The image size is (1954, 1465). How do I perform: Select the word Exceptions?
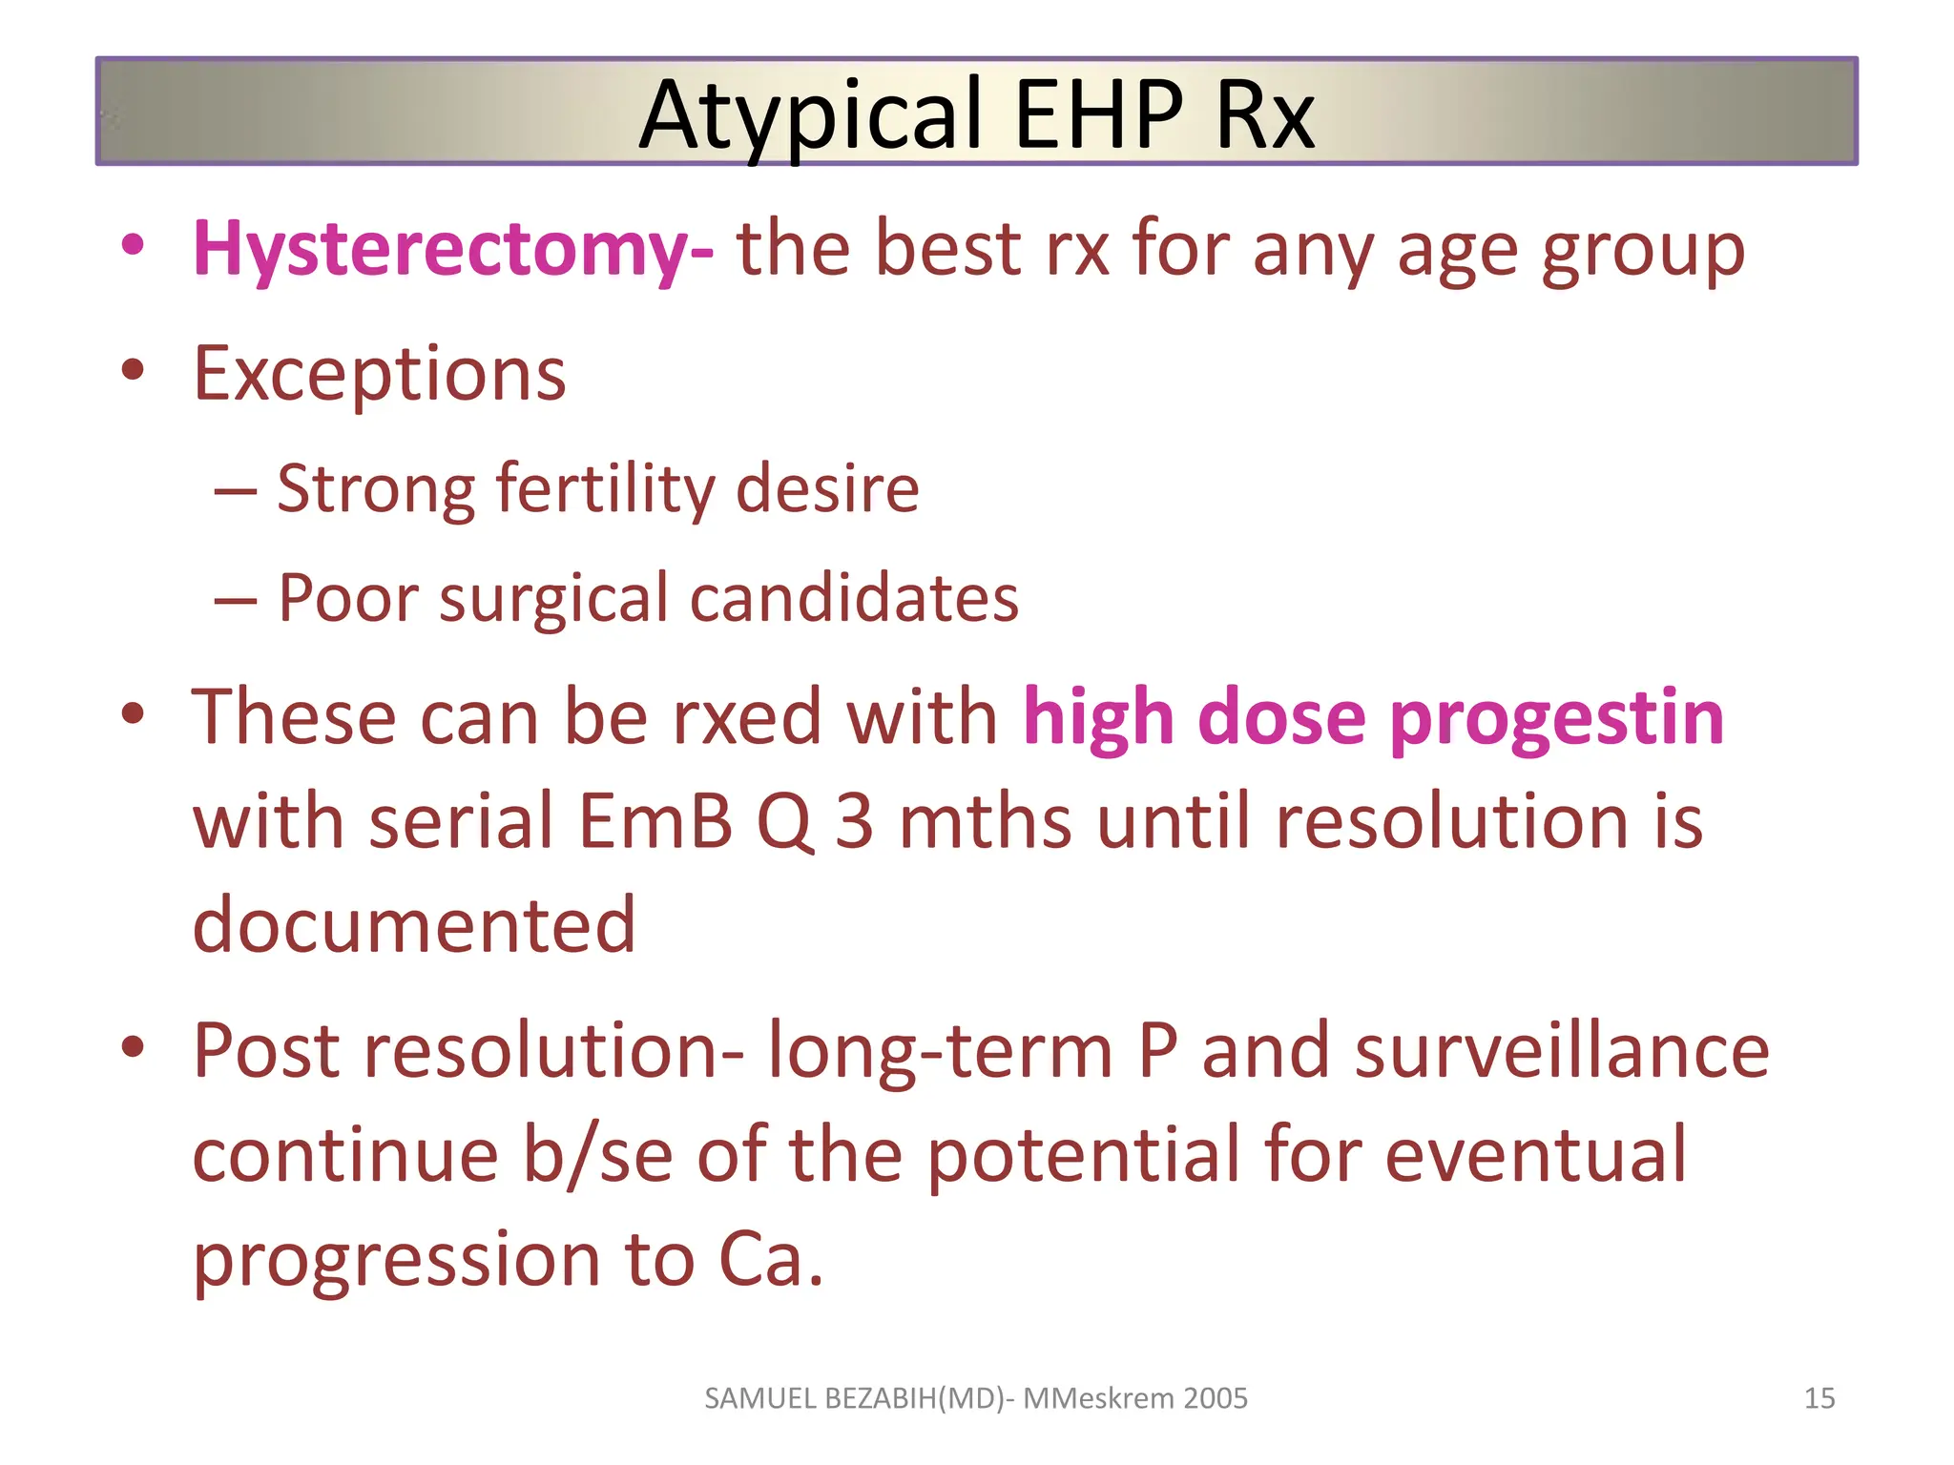(379, 374)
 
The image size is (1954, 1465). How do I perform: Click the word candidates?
(854, 599)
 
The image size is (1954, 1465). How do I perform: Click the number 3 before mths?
(854, 822)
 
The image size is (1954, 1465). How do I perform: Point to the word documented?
(413, 925)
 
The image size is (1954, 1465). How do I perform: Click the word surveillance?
(1562, 1051)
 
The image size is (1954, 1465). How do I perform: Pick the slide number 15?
(1819, 1398)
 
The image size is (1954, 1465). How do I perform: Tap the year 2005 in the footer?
(1215, 1398)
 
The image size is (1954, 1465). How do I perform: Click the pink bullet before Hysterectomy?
(133, 245)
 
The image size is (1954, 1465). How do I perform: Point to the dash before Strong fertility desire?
(235, 492)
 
